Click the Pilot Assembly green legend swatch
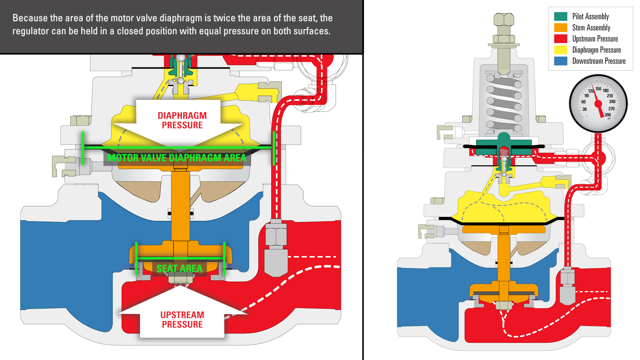(x=560, y=16)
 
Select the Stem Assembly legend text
(x=591, y=28)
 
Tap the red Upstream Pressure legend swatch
(x=560, y=39)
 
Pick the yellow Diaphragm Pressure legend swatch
(x=560, y=50)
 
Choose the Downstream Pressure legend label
(x=599, y=61)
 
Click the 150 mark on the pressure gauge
(x=598, y=89)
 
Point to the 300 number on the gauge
(x=608, y=115)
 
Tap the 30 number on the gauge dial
(x=584, y=109)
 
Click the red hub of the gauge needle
(x=599, y=104)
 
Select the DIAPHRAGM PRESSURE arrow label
(x=182, y=120)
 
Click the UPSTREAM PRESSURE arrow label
(x=182, y=320)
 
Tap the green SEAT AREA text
(x=179, y=268)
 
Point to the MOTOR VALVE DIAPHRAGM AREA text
(x=177, y=158)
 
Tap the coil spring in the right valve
(x=504, y=103)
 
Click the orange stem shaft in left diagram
(x=180, y=207)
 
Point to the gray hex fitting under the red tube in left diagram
(x=276, y=235)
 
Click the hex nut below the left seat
(x=180, y=278)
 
